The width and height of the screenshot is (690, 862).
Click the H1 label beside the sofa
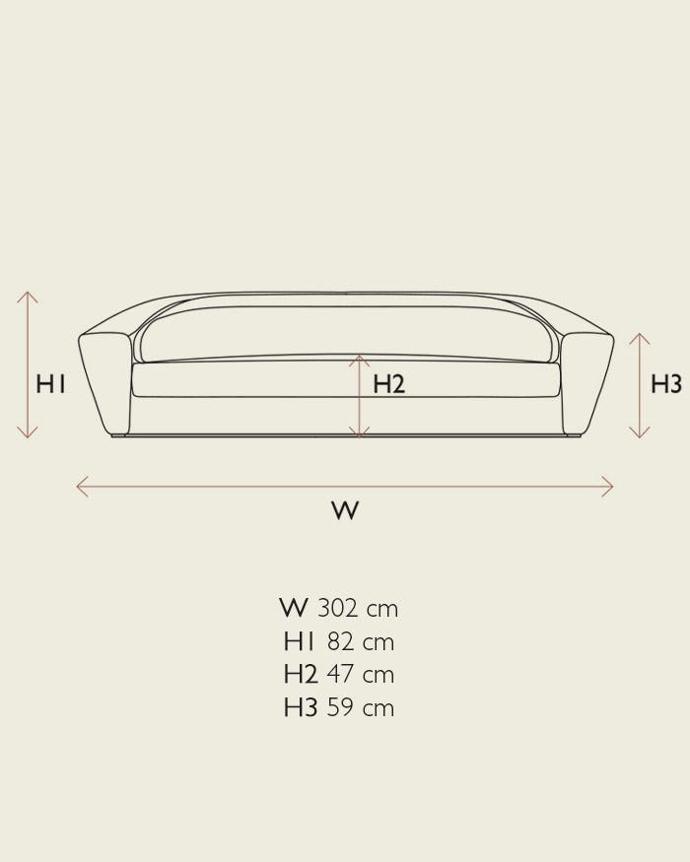(x=50, y=384)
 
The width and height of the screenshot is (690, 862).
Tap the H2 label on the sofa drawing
(x=389, y=384)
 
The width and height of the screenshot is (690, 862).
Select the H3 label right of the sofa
(x=666, y=384)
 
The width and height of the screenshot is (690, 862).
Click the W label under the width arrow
(x=346, y=510)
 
